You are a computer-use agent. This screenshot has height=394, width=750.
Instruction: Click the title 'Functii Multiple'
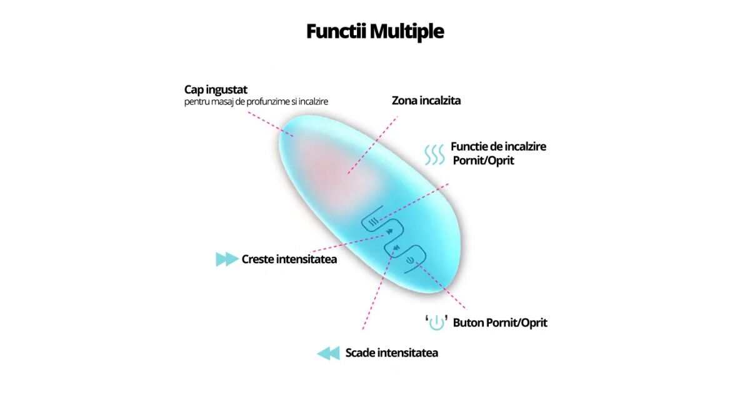(375, 31)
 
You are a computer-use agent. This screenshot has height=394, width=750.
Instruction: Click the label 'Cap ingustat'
(216, 89)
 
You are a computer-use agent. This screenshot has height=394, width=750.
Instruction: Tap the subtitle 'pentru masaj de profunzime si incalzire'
(256, 101)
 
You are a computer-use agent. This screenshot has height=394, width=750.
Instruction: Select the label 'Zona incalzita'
(426, 100)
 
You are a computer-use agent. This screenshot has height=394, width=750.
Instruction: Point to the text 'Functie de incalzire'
(498, 146)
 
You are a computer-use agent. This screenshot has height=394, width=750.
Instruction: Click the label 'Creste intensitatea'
(289, 259)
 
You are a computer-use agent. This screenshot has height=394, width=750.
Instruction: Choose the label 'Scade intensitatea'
(391, 353)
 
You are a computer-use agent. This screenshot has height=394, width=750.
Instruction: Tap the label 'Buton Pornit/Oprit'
(500, 323)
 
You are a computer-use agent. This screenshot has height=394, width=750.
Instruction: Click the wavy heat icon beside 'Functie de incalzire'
(434, 154)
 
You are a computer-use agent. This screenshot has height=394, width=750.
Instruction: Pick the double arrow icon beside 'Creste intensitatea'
(226, 259)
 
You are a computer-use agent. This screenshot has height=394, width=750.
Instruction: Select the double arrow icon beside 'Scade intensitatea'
(328, 353)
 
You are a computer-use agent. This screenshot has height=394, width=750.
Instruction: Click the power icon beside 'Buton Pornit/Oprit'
(436, 323)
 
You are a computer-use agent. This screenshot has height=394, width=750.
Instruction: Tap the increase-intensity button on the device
(389, 232)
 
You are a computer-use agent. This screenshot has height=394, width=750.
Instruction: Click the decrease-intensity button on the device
(396, 249)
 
